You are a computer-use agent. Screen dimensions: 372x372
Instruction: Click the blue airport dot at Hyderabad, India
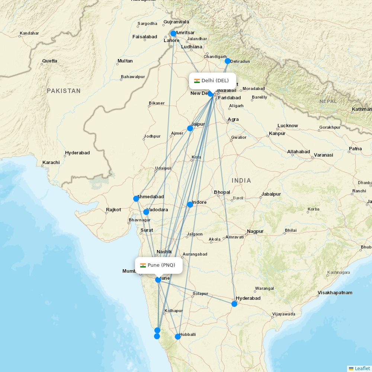(234, 304)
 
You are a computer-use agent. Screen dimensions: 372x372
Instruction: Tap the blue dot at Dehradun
(228, 61)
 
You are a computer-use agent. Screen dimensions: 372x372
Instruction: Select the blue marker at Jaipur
(190, 128)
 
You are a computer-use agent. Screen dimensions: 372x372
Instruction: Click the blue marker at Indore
(190, 204)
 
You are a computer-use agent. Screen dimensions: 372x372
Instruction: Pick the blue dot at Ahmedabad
(136, 199)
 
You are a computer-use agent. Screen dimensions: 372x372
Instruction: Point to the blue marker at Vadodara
(146, 212)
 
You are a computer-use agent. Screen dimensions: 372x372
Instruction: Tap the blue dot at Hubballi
(178, 337)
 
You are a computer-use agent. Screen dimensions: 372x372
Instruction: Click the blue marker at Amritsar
(173, 33)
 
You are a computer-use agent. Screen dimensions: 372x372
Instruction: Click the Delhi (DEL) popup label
(215, 81)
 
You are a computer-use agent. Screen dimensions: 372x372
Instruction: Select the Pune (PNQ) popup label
(161, 265)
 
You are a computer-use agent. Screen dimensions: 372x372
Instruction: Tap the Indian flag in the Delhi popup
(197, 81)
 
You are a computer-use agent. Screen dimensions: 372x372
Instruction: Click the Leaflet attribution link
(362, 368)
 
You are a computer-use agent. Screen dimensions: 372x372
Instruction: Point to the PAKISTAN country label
(64, 91)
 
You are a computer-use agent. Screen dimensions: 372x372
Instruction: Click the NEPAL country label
(328, 101)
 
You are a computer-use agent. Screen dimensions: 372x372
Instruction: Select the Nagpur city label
(255, 231)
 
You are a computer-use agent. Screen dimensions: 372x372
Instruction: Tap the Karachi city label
(51, 163)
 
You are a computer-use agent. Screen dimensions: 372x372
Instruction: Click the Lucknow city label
(288, 126)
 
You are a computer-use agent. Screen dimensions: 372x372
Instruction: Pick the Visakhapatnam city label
(335, 293)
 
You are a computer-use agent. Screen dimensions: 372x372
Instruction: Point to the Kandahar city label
(29, 33)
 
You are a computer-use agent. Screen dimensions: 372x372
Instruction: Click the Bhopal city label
(222, 192)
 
